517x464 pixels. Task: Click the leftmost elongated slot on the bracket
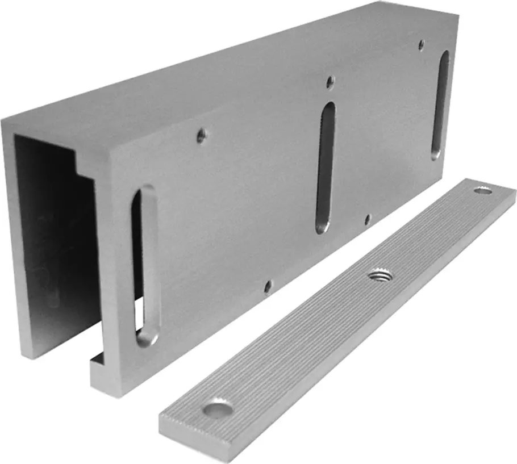click(146, 266)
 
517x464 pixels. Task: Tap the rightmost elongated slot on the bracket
click(440, 104)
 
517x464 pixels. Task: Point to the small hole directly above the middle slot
click(330, 82)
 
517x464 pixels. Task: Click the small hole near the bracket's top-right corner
click(421, 44)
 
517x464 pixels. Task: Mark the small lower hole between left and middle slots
click(268, 287)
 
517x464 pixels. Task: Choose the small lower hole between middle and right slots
click(367, 219)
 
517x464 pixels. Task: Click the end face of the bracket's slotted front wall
click(114, 273)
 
